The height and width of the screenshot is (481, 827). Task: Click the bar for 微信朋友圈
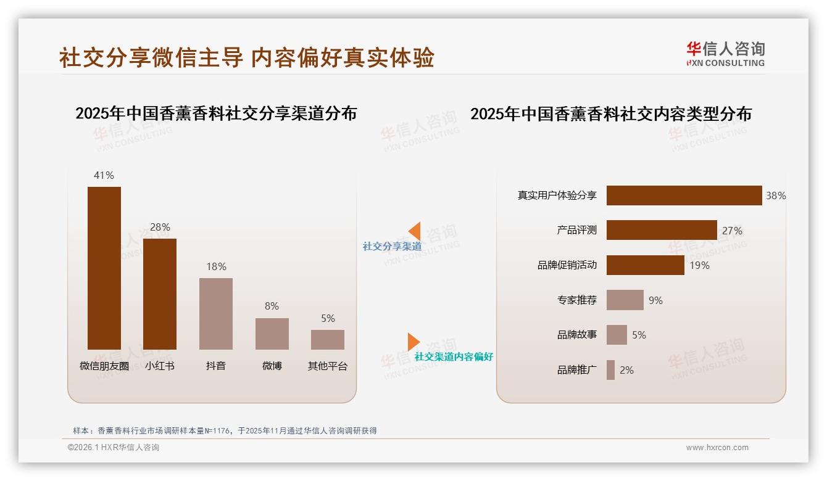(104, 268)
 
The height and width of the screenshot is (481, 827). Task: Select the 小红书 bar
(160, 294)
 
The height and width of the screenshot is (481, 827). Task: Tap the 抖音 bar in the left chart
(216, 314)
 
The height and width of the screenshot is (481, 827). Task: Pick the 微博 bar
(272, 334)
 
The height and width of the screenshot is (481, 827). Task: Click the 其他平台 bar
(328, 340)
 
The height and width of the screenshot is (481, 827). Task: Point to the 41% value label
(104, 175)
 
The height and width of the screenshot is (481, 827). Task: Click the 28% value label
(160, 227)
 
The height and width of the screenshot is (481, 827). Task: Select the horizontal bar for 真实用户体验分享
(684, 195)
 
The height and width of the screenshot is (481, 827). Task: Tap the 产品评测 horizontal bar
(662, 230)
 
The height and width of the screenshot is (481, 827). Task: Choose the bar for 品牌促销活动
(645, 265)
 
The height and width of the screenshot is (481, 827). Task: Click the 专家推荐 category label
(577, 300)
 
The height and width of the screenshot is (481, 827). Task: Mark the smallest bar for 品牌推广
(610, 370)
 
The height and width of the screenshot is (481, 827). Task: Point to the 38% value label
(776, 195)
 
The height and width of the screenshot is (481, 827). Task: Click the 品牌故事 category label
(577, 335)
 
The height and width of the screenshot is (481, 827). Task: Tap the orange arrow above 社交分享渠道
(414, 231)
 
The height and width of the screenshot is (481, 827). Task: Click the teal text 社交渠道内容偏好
(454, 357)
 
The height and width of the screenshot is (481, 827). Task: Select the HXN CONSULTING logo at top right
(725, 54)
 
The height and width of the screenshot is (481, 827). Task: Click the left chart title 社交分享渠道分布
(216, 113)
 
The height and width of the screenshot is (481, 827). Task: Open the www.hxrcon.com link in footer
(717, 448)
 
